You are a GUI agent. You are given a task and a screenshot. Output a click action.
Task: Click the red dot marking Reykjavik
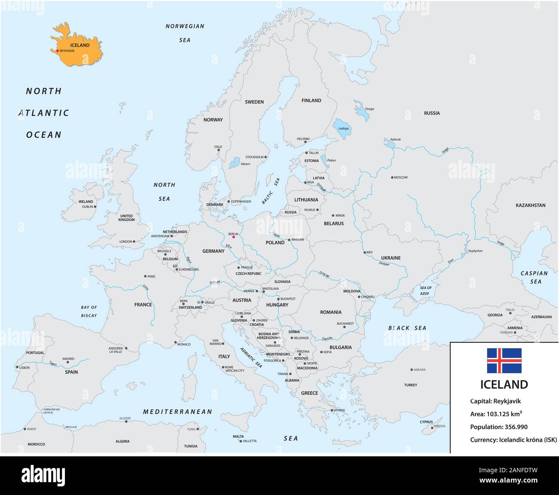point(57,51)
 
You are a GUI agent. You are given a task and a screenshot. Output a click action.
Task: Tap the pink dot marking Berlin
point(233,237)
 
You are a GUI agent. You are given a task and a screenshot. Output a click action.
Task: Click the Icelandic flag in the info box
point(504,361)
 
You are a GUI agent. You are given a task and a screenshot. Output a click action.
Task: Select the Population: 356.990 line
point(499,427)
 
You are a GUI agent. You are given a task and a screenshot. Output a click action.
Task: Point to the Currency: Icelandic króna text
point(513,440)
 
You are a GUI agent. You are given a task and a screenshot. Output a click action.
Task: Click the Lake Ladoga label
point(344,128)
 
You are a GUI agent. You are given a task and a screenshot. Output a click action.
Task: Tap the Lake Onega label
point(369,109)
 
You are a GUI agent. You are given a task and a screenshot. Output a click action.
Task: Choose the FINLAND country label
point(311,101)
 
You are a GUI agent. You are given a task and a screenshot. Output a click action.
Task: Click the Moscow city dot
point(392,177)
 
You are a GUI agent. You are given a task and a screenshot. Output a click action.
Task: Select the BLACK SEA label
point(407,328)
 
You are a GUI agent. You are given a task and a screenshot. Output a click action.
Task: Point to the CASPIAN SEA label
point(534,277)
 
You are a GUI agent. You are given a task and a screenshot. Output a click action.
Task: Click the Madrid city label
point(68,359)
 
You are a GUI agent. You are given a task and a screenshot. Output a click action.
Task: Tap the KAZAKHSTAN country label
point(530,205)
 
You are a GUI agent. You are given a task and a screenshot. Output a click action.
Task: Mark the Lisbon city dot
point(17,367)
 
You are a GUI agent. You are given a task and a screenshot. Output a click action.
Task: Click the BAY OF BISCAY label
point(89,312)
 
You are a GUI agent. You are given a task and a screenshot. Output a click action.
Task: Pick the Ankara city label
point(419,370)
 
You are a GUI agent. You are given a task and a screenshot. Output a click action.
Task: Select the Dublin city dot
point(95,206)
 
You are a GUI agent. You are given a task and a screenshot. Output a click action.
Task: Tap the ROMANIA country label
point(331,312)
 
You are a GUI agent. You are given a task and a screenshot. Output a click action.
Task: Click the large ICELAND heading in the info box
point(504,384)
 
